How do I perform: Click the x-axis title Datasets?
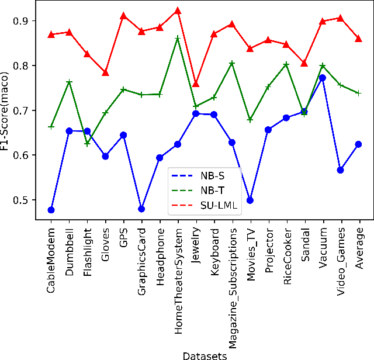(x=205, y=354)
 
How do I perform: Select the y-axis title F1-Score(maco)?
(x=6, y=110)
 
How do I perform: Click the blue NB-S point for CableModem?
(x=51, y=210)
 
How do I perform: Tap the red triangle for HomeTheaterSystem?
(x=178, y=11)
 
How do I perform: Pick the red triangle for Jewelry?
(x=196, y=84)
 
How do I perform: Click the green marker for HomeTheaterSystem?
(x=178, y=38)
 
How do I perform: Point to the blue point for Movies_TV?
(x=250, y=200)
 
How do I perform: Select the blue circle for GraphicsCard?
(x=141, y=209)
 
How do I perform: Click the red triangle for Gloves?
(x=106, y=72)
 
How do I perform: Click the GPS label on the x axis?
(x=124, y=234)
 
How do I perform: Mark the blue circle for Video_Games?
(x=340, y=170)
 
